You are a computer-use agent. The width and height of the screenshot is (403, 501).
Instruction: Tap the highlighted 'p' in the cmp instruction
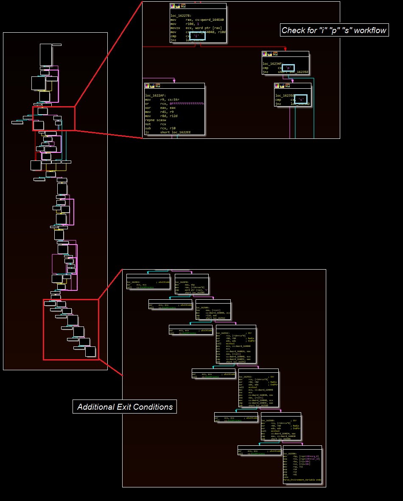coord(288,68)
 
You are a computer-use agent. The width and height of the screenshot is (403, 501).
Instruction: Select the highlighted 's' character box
coord(300,99)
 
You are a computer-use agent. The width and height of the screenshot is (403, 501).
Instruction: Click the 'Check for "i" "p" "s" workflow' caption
coord(334,30)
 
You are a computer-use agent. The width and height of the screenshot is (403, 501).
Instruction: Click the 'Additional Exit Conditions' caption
coord(125,407)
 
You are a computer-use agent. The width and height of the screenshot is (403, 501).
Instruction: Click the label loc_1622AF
coord(154,96)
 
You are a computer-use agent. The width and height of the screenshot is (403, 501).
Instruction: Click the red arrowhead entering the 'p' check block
coord(285,49)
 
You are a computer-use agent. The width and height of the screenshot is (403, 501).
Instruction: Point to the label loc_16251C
coord(224,332)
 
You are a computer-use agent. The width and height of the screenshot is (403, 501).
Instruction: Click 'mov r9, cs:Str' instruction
coord(163,100)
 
